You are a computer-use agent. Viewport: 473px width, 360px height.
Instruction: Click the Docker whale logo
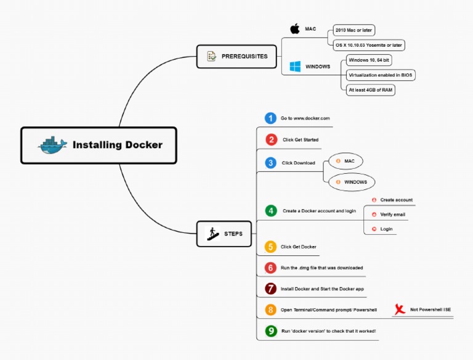click(52, 145)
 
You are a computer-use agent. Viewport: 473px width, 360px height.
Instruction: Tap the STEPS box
click(227, 234)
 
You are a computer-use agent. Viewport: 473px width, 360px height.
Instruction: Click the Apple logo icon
click(295, 28)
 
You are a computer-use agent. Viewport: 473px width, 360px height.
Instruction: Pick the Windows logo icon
click(295, 66)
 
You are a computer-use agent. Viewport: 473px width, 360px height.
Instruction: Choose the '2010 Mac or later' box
click(354, 30)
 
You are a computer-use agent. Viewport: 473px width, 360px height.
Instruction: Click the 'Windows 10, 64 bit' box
click(370, 60)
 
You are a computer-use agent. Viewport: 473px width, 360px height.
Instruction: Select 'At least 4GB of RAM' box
click(370, 89)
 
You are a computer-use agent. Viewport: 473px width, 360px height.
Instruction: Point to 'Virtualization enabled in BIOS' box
click(381, 75)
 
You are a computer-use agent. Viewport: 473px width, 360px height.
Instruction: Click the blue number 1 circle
click(270, 118)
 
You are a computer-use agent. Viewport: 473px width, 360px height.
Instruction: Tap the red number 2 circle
click(271, 139)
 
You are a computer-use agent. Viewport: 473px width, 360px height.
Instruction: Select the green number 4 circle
click(271, 210)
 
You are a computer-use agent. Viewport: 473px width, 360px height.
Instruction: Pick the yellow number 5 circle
click(270, 247)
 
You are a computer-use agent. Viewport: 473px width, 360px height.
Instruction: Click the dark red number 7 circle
click(270, 288)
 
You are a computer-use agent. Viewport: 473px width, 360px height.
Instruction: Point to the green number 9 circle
click(271, 331)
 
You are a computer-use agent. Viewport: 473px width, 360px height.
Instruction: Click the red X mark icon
click(400, 309)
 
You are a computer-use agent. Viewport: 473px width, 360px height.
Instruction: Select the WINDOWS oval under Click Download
click(352, 182)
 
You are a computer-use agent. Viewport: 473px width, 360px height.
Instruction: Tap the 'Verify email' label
click(392, 215)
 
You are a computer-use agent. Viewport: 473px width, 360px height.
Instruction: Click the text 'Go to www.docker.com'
click(305, 118)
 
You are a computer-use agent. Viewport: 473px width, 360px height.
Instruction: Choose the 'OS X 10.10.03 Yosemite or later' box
click(370, 45)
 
